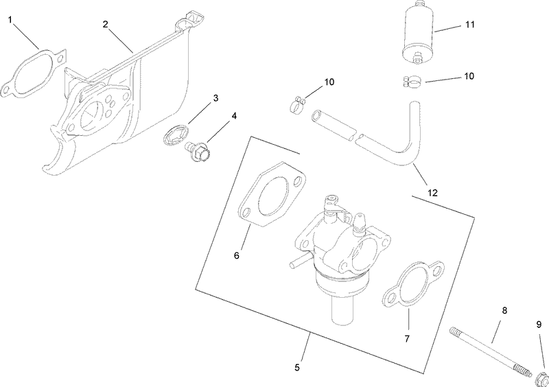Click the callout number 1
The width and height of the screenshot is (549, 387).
click(x=11, y=20)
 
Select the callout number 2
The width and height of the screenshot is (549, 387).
click(x=105, y=24)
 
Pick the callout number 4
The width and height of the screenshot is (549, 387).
click(x=234, y=116)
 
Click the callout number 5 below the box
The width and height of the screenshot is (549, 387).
click(x=297, y=367)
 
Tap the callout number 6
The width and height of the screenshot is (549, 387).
click(x=236, y=255)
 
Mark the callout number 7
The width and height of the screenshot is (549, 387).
click(x=408, y=339)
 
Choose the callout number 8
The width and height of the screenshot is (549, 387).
click(x=504, y=310)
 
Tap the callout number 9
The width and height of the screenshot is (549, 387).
click(x=539, y=323)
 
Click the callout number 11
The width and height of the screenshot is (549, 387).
click(x=469, y=25)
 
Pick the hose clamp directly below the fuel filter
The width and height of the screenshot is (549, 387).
click(x=414, y=82)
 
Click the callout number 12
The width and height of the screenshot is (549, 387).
click(x=433, y=193)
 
